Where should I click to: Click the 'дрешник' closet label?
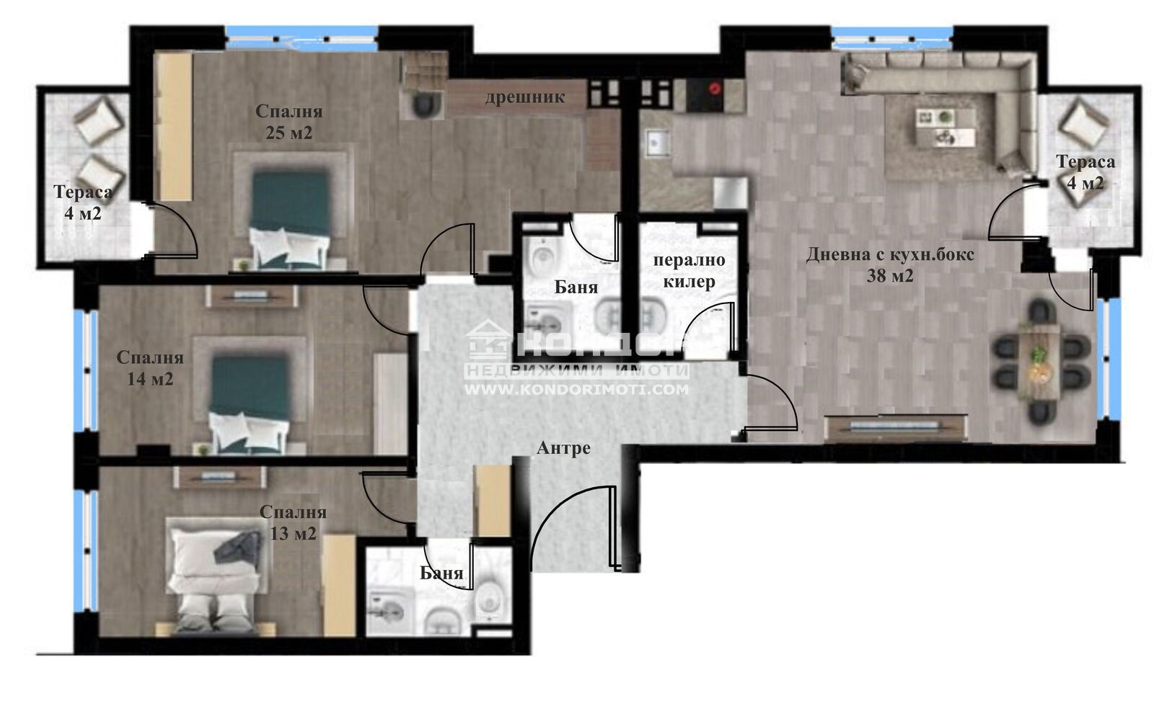tap(524, 97)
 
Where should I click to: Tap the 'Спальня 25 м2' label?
tap(289, 122)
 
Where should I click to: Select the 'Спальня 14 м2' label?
tap(150, 368)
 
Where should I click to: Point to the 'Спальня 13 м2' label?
tap(293, 522)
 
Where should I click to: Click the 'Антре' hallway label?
tap(563, 448)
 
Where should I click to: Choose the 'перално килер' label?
tap(690, 271)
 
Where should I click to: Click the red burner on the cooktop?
tap(715, 89)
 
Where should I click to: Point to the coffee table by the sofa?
tap(945, 127)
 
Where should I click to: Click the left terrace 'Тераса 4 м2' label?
tap(83, 202)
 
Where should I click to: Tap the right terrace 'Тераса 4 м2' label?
tap(1085, 172)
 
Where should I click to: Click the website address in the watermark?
tap(576, 390)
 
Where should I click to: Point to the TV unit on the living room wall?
tap(895, 428)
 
